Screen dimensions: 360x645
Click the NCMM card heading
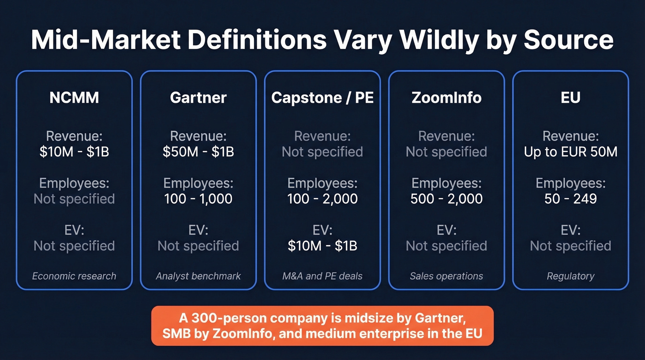click(x=74, y=98)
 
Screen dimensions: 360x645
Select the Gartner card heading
click(x=198, y=98)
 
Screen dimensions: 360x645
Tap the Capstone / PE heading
click(x=322, y=98)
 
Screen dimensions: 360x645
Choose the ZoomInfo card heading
click(x=446, y=98)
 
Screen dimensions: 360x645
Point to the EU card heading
click(x=570, y=98)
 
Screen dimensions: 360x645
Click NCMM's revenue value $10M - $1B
click(x=74, y=152)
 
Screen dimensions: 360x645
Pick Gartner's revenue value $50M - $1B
click(x=198, y=152)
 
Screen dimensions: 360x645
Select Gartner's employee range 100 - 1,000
click(x=198, y=199)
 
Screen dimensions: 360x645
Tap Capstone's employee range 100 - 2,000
click(x=322, y=199)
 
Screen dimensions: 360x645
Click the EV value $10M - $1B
click(x=322, y=246)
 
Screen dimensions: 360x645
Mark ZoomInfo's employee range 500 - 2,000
click(x=446, y=199)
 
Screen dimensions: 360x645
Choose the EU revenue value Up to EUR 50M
click(x=570, y=152)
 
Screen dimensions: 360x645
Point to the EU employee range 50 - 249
click(x=570, y=199)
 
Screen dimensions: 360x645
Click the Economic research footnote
click(x=74, y=276)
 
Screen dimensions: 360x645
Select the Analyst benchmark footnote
click(x=198, y=276)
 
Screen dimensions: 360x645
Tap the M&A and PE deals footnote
click(x=322, y=276)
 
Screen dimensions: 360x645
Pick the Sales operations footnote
click(x=446, y=276)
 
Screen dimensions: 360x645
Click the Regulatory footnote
click(x=570, y=276)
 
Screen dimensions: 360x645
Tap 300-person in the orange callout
click(x=223, y=318)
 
